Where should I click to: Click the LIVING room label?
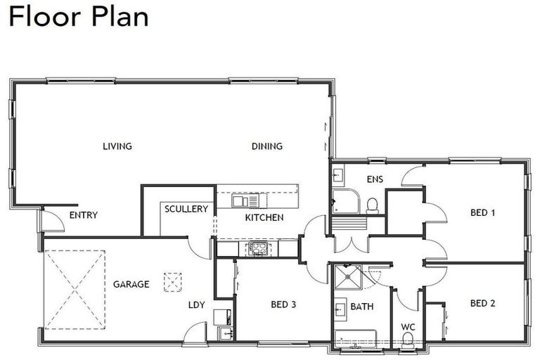117,146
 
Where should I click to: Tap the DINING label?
267,146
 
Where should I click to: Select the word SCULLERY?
186,209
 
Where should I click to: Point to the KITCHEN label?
264,217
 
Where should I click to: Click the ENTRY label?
83,215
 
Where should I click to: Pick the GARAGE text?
131,285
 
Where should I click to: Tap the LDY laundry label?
196,305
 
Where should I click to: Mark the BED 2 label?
483,304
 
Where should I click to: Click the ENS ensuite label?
375,179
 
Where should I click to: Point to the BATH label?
363,307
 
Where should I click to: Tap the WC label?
408,327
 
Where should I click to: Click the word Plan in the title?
119,16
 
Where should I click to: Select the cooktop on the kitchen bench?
255,248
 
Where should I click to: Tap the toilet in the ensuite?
372,205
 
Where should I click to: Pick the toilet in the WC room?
408,342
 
